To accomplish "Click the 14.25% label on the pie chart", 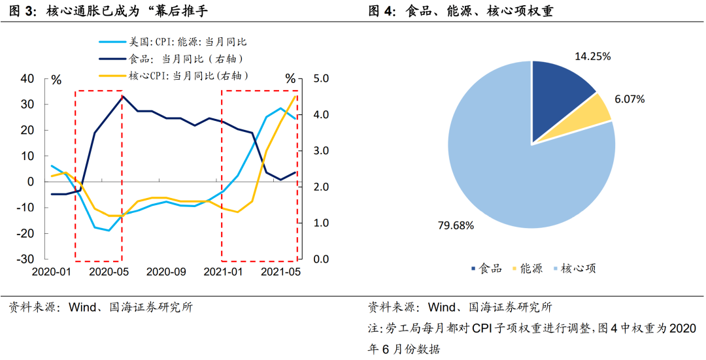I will [x=592, y=56].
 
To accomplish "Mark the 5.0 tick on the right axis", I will [x=323, y=79].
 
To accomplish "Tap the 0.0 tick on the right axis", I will [x=323, y=259].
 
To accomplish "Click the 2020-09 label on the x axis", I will [x=166, y=272].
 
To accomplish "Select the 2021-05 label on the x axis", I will [x=281, y=272].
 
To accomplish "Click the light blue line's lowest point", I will [x=109, y=231].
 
